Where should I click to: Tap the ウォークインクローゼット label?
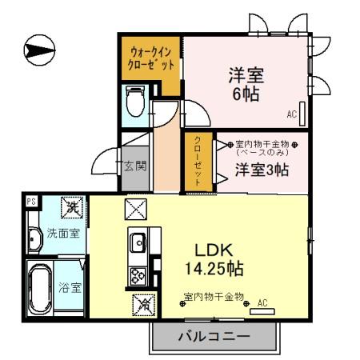151,58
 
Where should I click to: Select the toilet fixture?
134,100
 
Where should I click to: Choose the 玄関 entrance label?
134,166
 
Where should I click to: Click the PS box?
31,202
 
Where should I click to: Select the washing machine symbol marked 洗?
72,207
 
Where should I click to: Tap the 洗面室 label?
62,234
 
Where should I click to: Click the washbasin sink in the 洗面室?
34,240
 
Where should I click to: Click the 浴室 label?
70,287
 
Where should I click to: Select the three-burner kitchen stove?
136,274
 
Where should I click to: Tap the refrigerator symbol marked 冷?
143,303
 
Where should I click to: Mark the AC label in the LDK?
262,304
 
